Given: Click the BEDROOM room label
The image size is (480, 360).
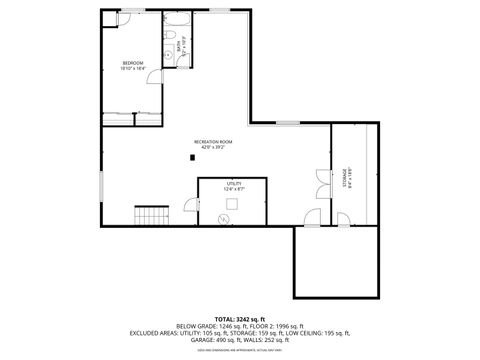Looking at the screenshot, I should [133, 63].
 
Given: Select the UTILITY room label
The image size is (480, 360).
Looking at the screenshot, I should [235, 183].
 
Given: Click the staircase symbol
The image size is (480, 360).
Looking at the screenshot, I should [150, 214].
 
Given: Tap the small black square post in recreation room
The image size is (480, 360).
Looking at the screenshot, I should [195, 156].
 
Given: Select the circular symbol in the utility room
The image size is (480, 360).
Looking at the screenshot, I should [225, 217].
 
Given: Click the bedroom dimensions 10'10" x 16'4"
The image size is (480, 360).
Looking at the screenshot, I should [133, 69].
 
